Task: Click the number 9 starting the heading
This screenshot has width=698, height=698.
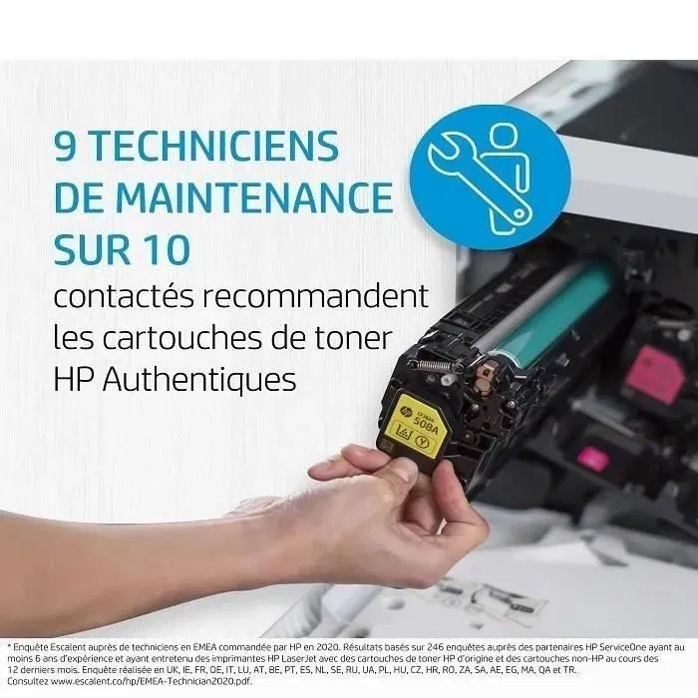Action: [x=66, y=147]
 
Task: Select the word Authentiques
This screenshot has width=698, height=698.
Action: [x=208, y=379]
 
